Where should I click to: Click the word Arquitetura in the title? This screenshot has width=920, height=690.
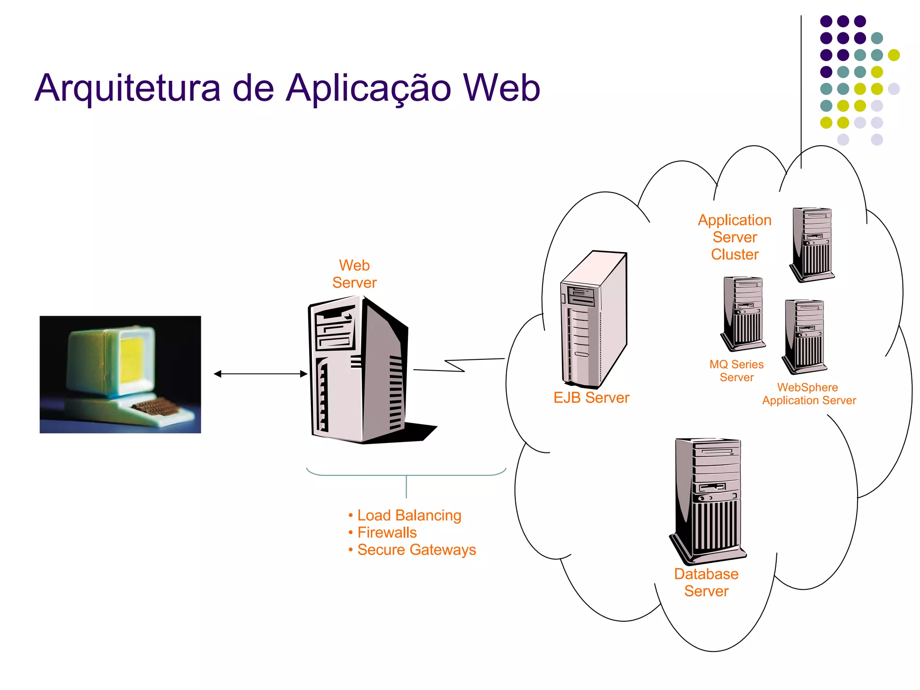click(x=128, y=88)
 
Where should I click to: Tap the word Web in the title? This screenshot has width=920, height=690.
click(x=501, y=88)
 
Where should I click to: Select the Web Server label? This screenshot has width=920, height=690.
click(x=354, y=274)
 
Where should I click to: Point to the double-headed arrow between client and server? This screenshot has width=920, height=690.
click(x=261, y=374)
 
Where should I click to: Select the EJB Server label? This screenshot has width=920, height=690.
click(x=591, y=398)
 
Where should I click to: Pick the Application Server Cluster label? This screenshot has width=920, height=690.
click(x=734, y=237)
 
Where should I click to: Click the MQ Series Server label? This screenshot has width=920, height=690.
click(x=736, y=371)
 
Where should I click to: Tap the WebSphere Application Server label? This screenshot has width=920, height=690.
click(x=809, y=394)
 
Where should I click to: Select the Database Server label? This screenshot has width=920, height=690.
click(x=706, y=583)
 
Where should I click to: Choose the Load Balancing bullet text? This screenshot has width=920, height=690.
click(x=409, y=515)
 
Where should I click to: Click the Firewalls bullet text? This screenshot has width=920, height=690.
click(x=387, y=533)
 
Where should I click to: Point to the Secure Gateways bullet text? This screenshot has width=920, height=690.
click(x=416, y=550)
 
